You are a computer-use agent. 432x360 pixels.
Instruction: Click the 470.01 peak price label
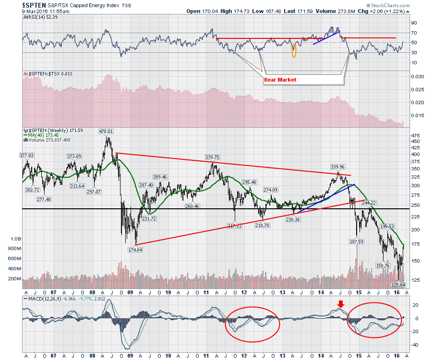106,131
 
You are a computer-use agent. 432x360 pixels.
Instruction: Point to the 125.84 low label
398,285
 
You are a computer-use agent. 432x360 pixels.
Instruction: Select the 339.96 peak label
338,167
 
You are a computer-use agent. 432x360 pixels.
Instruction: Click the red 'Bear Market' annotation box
280,80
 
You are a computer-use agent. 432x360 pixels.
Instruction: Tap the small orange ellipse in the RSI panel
294,50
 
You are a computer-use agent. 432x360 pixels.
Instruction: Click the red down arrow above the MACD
340,303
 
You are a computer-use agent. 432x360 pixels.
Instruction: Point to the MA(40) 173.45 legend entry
46,135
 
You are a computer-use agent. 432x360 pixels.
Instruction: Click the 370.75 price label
212,157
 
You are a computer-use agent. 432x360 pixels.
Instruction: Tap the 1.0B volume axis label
16,239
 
